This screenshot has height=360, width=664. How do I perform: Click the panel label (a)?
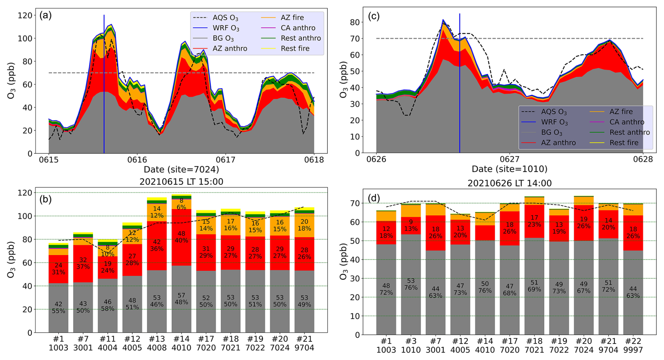coord(46,15)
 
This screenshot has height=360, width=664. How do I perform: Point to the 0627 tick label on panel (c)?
coord(509,159)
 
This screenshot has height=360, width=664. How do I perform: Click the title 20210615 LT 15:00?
coord(181,182)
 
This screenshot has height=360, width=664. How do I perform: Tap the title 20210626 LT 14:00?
coord(509,183)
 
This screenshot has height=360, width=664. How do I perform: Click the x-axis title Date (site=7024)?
coord(181,170)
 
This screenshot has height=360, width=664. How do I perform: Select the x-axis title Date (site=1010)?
coord(509,169)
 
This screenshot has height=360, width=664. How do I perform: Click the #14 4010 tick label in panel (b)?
coord(181,344)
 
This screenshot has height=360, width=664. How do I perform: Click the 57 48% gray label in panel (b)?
coord(181,299)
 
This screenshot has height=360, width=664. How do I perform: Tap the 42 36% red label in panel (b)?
coord(157,245)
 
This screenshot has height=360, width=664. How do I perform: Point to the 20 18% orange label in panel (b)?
coord(304,225)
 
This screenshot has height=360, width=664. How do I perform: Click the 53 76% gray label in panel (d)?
coord(411,284)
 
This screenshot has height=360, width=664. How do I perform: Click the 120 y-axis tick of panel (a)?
coord(27,15)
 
